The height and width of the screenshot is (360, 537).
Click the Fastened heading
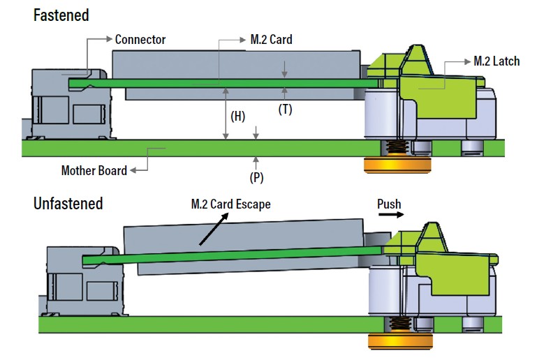click(x=61, y=15)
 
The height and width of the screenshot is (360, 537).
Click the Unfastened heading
click(x=68, y=204)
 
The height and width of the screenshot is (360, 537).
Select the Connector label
click(x=140, y=39)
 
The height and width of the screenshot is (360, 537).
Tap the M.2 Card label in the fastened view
click(x=271, y=40)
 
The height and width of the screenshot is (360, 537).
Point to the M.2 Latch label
click(x=496, y=61)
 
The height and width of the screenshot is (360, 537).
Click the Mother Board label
click(x=94, y=170)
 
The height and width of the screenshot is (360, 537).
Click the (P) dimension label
click(x=257, y=177)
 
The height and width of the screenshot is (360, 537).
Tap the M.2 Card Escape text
click(x=230, y=204)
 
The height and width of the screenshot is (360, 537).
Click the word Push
click(x=389, y=204)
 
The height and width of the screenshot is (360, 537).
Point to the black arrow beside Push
click(x=390, y=216)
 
